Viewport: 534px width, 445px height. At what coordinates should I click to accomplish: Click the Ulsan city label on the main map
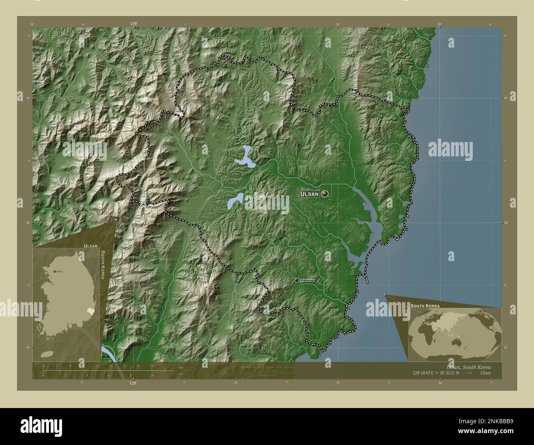click(309, 193)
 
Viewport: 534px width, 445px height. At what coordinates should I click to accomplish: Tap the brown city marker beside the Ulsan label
click(325, 193)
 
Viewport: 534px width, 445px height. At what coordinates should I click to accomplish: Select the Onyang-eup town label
click(307, 280)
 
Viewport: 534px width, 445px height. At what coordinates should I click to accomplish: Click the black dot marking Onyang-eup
click(297, 280)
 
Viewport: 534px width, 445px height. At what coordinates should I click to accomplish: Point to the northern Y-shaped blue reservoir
click(246, 157)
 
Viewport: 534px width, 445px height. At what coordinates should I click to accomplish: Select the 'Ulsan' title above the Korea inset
click(90, 245)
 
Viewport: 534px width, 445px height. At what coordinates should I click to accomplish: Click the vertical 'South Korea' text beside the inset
click(102, 265)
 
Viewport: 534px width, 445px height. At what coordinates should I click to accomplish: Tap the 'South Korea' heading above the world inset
click(425, 306)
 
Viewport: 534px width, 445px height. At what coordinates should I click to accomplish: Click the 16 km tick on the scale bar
click(152, 365)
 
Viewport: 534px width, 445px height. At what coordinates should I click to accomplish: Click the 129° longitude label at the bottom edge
click(133, 383)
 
